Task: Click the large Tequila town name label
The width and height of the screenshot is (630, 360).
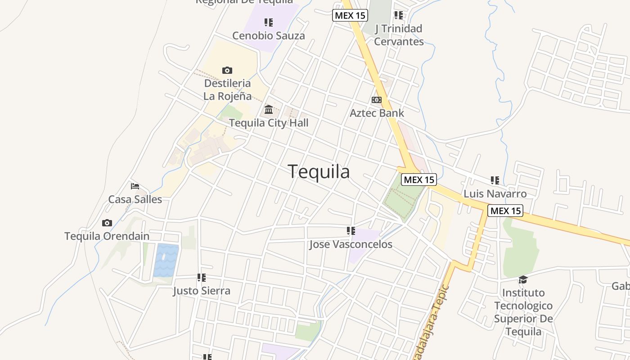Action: coord(319,171)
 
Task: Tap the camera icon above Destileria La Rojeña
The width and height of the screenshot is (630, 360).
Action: coord(227,70)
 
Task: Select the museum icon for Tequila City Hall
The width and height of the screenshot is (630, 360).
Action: coord(269,109)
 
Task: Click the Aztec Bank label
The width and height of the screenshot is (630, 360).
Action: coord(377,113)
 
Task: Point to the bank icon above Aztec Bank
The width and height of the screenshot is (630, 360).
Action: coord(377,99)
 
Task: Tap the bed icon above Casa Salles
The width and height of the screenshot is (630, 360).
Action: coord(135,186)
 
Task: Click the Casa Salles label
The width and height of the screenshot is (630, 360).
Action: coord(135,199)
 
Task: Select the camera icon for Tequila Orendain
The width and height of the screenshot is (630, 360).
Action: coord(107,223)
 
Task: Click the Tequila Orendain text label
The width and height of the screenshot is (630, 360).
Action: coord(107,236)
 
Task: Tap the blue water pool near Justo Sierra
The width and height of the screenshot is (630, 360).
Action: coord(166,260)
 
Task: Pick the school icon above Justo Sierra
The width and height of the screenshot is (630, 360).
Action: coord(202,278)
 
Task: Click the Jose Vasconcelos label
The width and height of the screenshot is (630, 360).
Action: coord(351,244)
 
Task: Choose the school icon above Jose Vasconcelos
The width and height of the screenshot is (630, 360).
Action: coord(351,231)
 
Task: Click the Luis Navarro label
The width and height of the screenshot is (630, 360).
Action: coord(495,194)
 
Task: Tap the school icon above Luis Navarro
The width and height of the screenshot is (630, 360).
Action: coord(495,180)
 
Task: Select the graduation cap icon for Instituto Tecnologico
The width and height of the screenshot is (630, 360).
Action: coord(523,279)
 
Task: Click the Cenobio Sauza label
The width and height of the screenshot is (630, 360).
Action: coord(269,36)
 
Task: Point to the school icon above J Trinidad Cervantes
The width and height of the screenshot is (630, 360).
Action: coord(399,15)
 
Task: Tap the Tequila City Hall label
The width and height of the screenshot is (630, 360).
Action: coord(269,123)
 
